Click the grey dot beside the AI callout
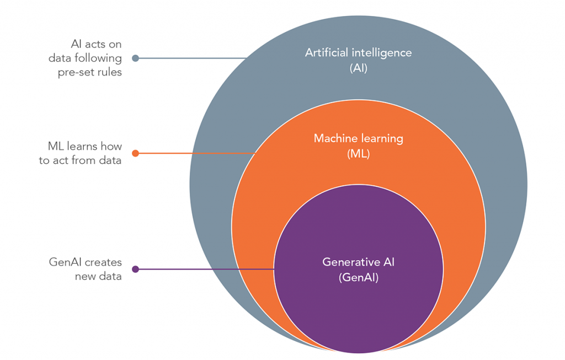pyautogui.click(x=135, y=58)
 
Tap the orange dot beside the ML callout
pyautogui.click(x=135, y=153)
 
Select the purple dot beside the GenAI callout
pyautogui.click(x=135, y=269)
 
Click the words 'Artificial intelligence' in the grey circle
pyautogui.click(x=358, y=53)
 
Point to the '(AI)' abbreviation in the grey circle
pyautogui.click(x=358, y=68)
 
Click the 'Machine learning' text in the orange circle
pyautogui.click(x=358, y=138)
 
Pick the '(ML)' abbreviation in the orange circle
pyautogui.click(x=358, y=154)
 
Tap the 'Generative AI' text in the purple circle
pyautogui.click(x=358, y=262)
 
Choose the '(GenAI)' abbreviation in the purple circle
pyautogui.click(x=358, y=278)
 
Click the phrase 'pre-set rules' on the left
pyautogui.click(x=89, y=73)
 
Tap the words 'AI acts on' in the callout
pyautogui.click(x=97, y=43)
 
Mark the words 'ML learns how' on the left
pyautogui.click(x=84, y=147)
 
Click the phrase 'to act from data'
pyautogui.click(x=80, y=162)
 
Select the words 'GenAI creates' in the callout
pyautogui.click(x=85, y=262)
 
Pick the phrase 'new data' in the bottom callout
pyautogui.click(x=98, y=277)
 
